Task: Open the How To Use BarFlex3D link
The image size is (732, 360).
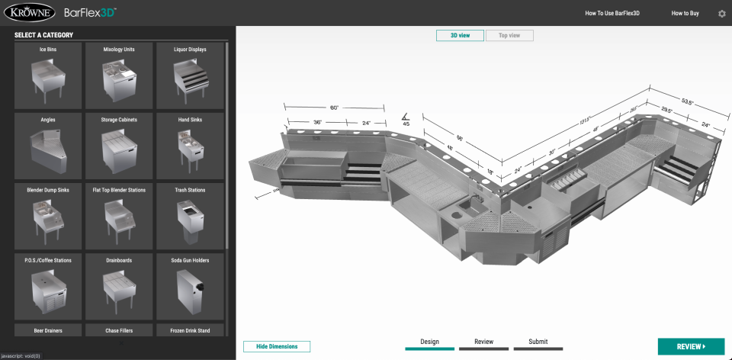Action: tap(611, 14)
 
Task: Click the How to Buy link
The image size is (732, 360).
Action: tap(685, 14)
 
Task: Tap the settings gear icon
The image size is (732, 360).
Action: tap(721, 14)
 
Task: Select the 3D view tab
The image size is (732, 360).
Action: tap(460, 35)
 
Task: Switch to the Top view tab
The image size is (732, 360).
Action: tap(509, 35)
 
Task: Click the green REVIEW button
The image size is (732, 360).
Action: tap(691, 346)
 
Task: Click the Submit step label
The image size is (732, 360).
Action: tap(538, 342)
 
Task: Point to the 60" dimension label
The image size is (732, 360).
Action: tap(333, 108)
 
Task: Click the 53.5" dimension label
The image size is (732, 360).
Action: tap(688, 101)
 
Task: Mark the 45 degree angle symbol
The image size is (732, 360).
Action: tap(406, 119)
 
